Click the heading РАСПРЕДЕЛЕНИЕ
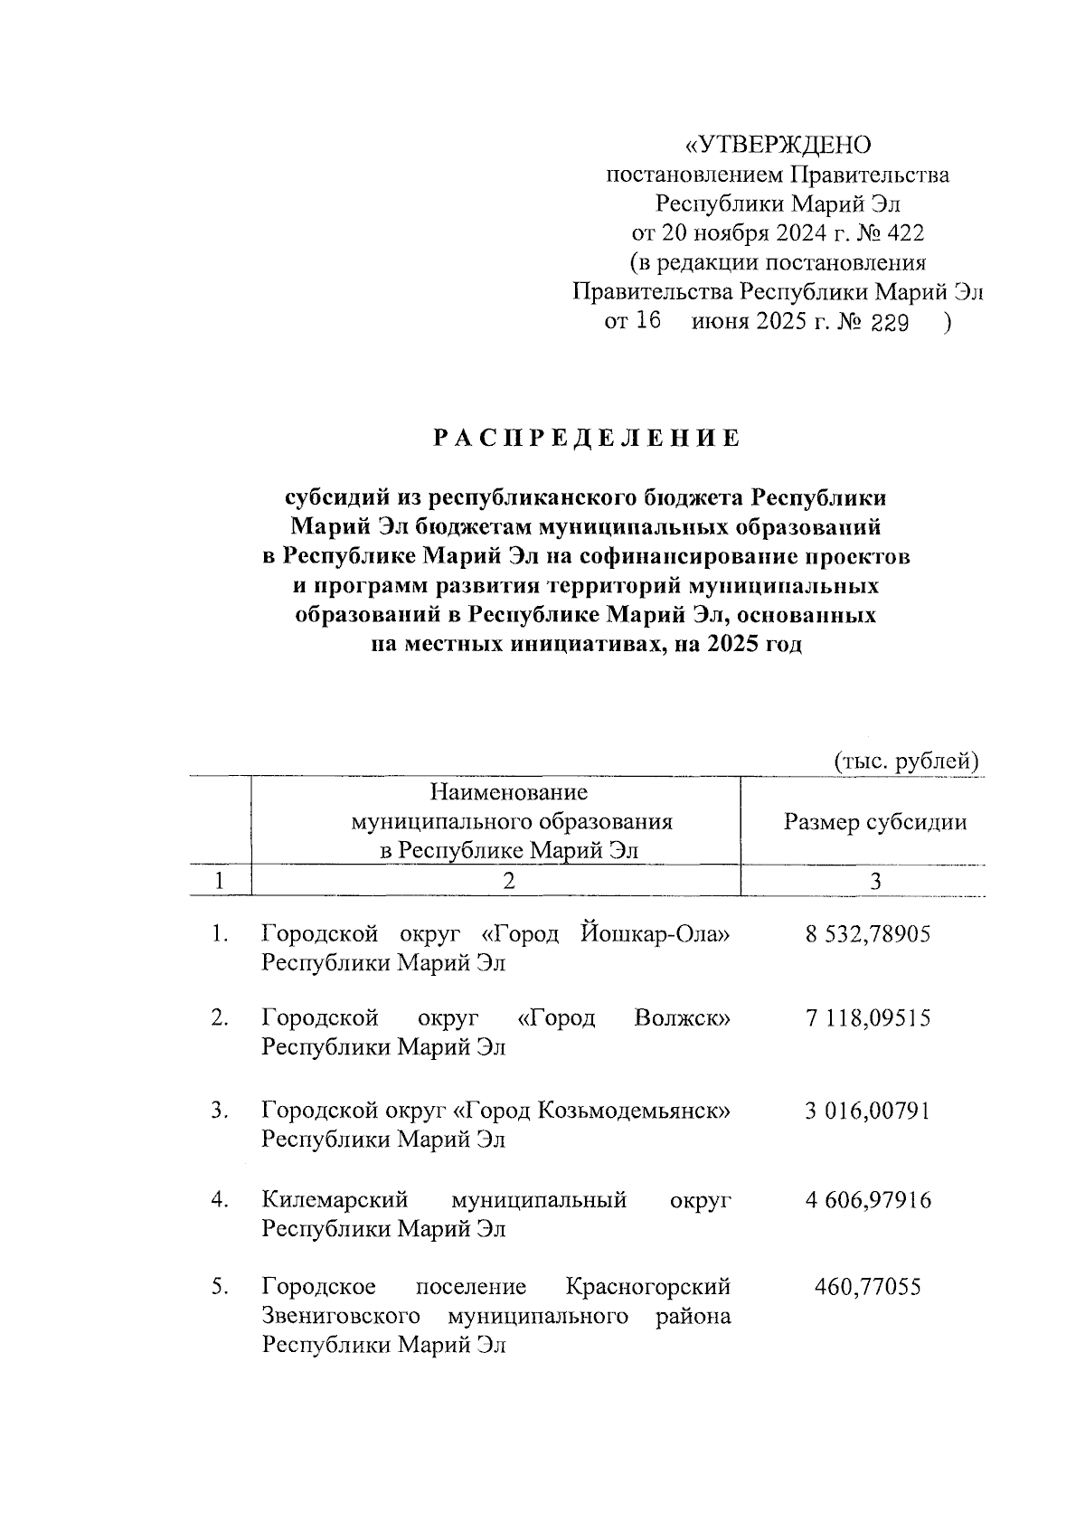[586, 440]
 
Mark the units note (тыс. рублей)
[906, 761]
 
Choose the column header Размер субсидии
[875, 822]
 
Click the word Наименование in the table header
[509, 793]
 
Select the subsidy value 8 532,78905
[868, 934]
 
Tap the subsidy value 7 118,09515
[868, 1018]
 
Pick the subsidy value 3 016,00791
[868, 1111]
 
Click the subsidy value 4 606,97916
[868, 1200]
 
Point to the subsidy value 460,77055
[868, 1286]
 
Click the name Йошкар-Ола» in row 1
[654, 934]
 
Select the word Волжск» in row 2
[683, 1018]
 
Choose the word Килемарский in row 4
[335, 1200]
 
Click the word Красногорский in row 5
[647, 1286]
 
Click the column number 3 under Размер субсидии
[874, 882]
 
